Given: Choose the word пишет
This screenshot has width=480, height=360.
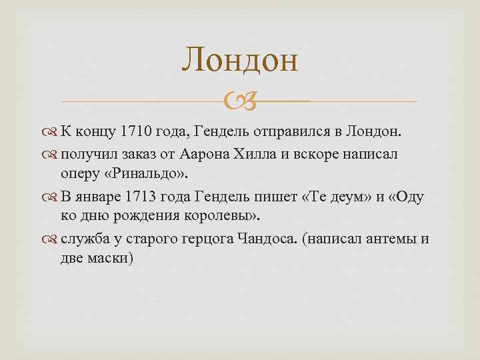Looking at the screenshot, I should [273, 198].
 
